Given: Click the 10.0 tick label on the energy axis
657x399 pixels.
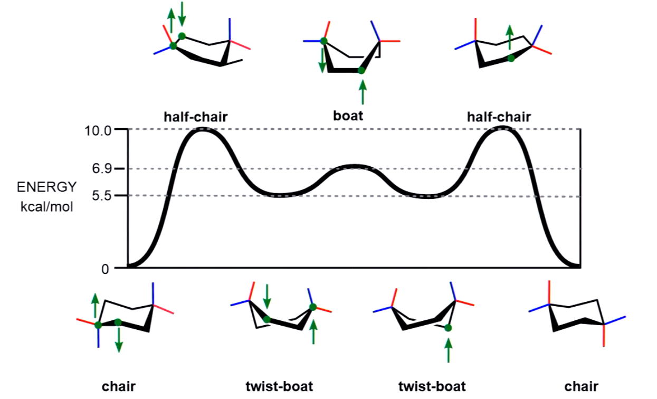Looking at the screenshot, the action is (98, 130).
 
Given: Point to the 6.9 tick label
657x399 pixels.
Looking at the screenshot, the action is (101, 169).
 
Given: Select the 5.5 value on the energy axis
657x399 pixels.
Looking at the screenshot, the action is (101, 195).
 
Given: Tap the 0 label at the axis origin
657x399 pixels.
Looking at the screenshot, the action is (105, 269).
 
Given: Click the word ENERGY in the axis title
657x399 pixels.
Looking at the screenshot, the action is (46, 187).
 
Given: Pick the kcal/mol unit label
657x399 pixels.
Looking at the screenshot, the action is (46, 206).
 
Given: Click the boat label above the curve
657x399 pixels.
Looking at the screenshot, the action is (348, 116).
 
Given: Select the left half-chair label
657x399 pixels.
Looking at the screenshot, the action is (196, 117).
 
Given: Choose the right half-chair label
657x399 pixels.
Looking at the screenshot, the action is (499, 117).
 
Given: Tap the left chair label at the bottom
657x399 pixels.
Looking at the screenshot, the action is (119, 386).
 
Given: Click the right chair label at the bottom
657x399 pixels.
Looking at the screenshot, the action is (581, 386).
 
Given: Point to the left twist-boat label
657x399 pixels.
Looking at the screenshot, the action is (279, 386).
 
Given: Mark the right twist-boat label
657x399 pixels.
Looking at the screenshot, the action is (432, 386).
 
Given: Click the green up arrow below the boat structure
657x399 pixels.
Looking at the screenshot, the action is (363, 92).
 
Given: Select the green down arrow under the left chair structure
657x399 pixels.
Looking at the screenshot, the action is (119, 340).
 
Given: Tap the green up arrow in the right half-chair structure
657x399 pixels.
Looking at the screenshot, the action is (510, 37).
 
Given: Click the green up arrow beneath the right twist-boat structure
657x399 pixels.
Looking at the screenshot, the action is (448, 350).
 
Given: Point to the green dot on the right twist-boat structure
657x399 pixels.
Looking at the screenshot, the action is (448, 328).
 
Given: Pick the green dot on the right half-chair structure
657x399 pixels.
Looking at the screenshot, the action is (511, 59).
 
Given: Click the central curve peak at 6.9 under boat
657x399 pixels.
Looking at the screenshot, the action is (354, 166).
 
